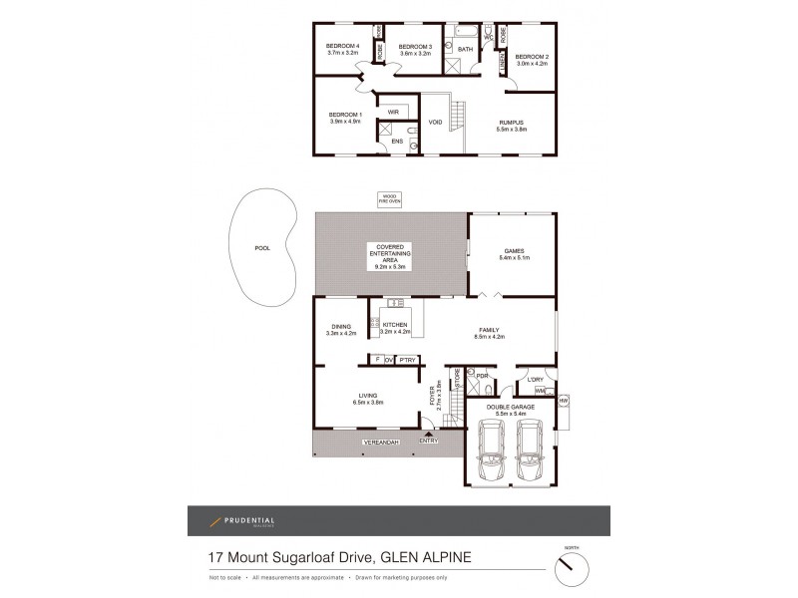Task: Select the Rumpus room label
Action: tap(512, 125)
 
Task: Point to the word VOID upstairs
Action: tap(435, 123)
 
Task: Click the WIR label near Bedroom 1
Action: tap(393, 112)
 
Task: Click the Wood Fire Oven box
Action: tap(388, 198)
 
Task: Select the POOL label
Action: tap(262, 247)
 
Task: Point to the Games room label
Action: tap(513, 254)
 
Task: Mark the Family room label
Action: tap(491, 333)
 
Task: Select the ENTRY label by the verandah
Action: tap(428, 441)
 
